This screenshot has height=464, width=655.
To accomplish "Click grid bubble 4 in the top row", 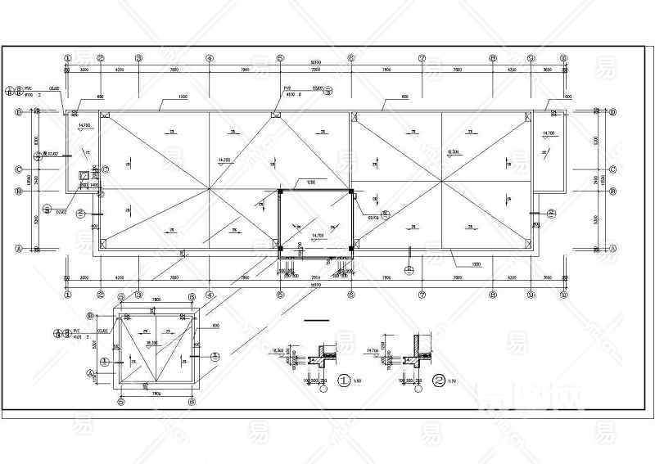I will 210,58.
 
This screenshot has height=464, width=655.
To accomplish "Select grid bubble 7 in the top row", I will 422,58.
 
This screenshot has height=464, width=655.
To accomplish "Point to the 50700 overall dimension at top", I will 315,62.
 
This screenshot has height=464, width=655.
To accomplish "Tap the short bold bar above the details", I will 315,318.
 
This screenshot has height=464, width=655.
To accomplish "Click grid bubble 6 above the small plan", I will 191,297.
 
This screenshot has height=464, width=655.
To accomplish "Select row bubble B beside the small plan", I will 92,314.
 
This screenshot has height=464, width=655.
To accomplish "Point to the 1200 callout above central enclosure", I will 310,182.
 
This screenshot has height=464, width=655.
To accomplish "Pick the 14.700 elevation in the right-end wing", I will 548,132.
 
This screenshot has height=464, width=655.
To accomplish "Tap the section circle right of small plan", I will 215,356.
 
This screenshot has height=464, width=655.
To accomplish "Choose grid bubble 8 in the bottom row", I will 493,294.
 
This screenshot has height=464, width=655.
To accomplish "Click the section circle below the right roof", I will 409,267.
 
